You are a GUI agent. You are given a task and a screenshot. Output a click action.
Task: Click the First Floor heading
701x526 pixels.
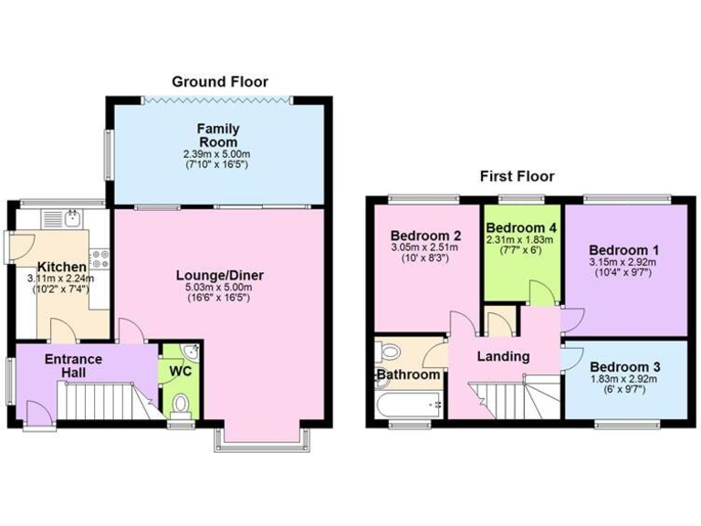tap(517, 176)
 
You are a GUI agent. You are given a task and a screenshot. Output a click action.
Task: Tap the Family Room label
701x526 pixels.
tap(218, 136)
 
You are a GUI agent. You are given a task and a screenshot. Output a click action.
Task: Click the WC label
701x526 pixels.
tap(178, 373)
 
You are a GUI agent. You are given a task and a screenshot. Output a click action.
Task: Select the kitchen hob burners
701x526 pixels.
tap(100, 259)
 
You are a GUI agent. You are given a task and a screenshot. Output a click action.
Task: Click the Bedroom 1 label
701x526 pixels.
tap(624, 249)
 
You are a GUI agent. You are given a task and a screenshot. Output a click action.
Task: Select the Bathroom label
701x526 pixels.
tap(408, 375)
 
